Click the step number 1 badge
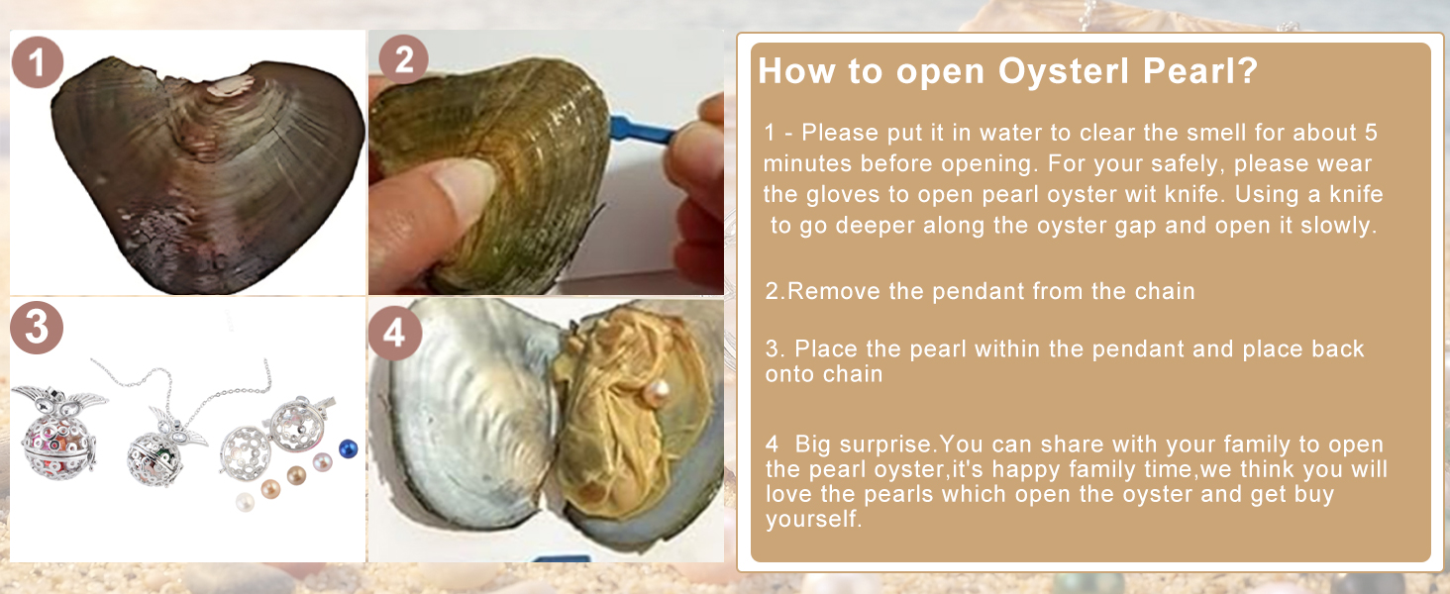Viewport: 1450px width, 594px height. click(x=38, y=62)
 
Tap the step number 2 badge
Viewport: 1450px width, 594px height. click(x=403, y=59)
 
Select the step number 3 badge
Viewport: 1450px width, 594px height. click(x=37, y=328)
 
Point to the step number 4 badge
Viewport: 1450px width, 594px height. click(x=395, y=334)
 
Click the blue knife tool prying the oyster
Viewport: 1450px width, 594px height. click(x=642, y=129)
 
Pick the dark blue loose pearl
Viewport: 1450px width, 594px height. click(x=349, y=448)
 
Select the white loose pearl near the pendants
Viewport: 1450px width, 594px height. click(x=245, y=502)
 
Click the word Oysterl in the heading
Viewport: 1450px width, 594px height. click(x=1064, y=71)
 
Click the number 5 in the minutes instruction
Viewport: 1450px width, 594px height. click(x=1371, y=133)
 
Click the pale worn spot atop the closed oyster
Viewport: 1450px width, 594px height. click(x=228, y=85)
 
